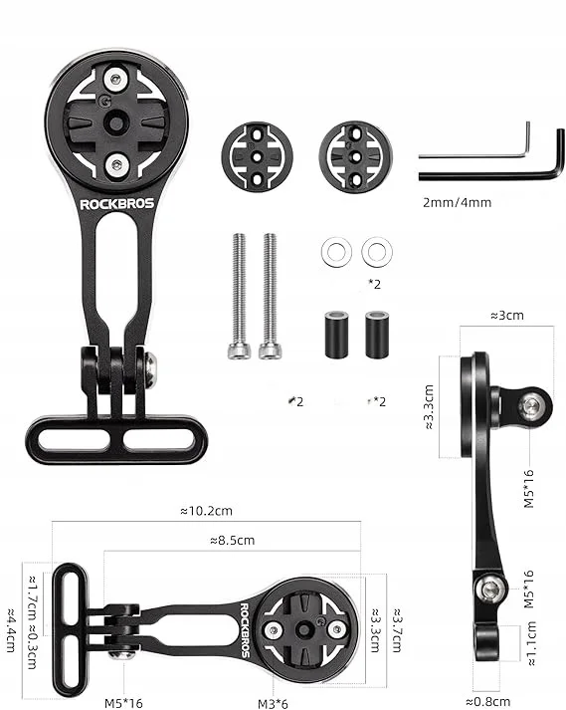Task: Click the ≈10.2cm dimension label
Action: pos(206,511)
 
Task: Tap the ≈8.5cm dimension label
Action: pos(233,540)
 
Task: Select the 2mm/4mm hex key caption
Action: pos(457,202)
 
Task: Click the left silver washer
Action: pos(336,252)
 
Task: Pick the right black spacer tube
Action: pos(377,335)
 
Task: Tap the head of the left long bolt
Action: pos(239,352)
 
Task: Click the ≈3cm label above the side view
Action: pos(507,315)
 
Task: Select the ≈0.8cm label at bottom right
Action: pos(488,702)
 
